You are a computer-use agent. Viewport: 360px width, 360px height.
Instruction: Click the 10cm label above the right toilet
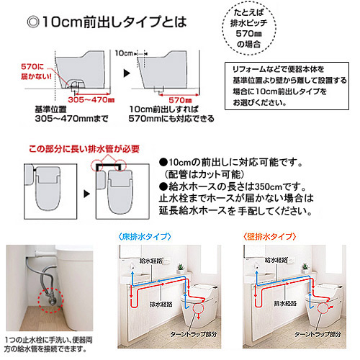[x=125, y=53]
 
